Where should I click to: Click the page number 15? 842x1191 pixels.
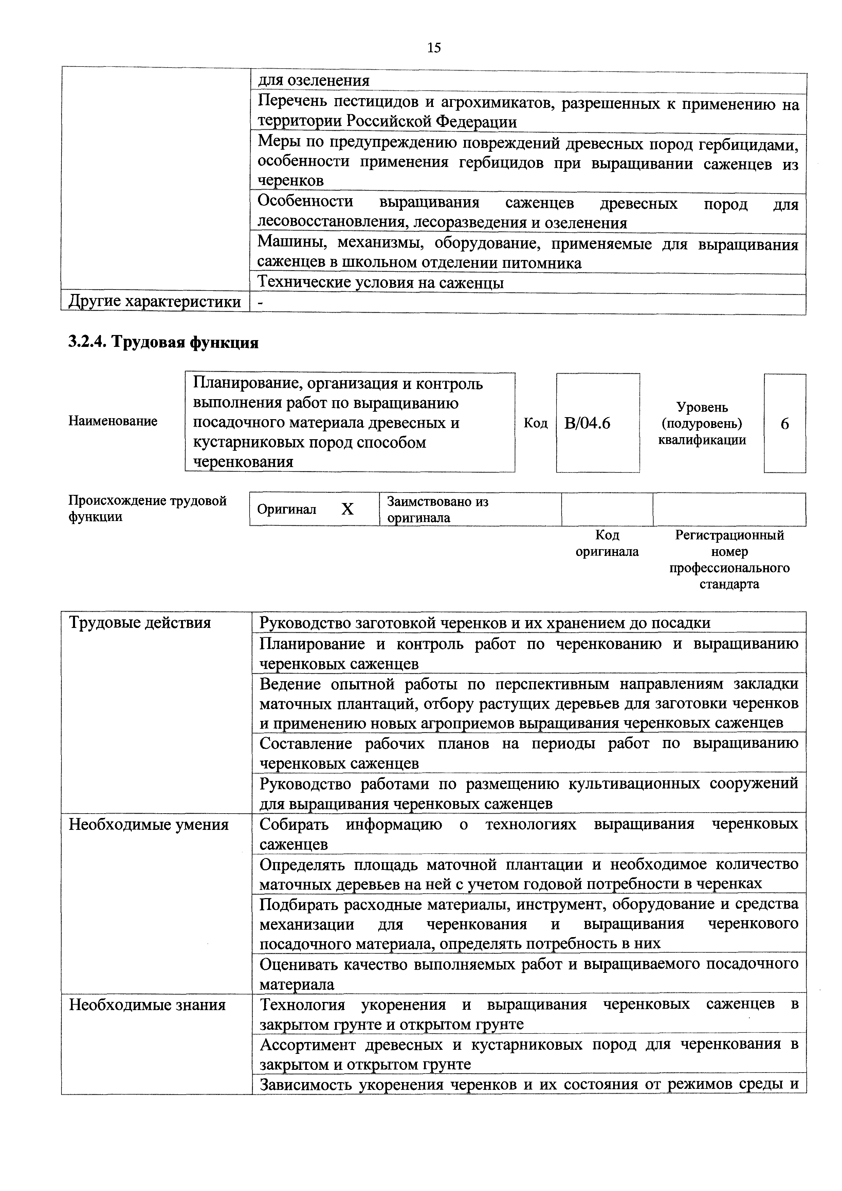click(x=434, y=48)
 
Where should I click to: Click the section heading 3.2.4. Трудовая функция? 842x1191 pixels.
click(x=163, y=342)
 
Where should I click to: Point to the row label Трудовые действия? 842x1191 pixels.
click(x=140, y=622)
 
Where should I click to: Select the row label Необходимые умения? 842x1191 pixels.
click(x=148, y=825)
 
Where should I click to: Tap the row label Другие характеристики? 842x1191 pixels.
click(x=154, y=302)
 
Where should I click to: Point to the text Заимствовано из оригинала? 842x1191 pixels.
click(x=437, y=509)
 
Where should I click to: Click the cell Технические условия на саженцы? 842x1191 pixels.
click(x=381, y=283)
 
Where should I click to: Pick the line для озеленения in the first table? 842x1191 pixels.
click(x=314, y=81)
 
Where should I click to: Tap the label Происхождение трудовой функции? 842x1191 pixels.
click(x=147, y=508)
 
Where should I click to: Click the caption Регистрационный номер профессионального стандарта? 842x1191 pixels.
click(x=729, y=559)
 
